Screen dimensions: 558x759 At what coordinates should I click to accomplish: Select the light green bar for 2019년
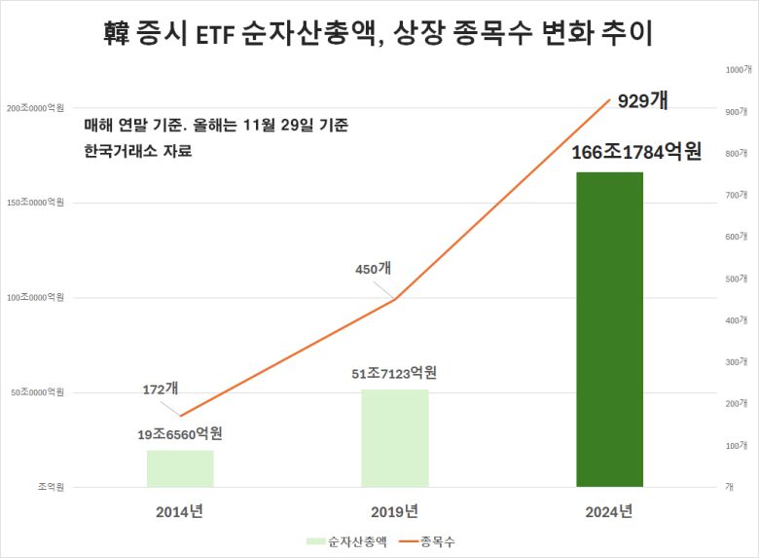(394, 437)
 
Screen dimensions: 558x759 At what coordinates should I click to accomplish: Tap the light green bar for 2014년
(180, 467)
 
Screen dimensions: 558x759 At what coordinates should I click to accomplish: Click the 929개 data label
(642, 100)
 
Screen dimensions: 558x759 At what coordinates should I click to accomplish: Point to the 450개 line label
(372, 269)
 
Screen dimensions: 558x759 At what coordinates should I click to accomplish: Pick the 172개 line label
(160, 388)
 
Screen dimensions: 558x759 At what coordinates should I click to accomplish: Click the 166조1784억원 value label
(637, 152)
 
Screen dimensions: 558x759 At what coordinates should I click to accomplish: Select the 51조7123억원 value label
(394, 373)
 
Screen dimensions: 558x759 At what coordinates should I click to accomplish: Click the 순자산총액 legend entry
(346, 541)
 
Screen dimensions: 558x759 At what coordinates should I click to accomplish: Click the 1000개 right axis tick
(737, 70)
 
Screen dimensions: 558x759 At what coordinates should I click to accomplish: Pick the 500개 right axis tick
(737, 279)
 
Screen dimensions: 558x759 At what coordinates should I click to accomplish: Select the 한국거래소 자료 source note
(138, 151)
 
